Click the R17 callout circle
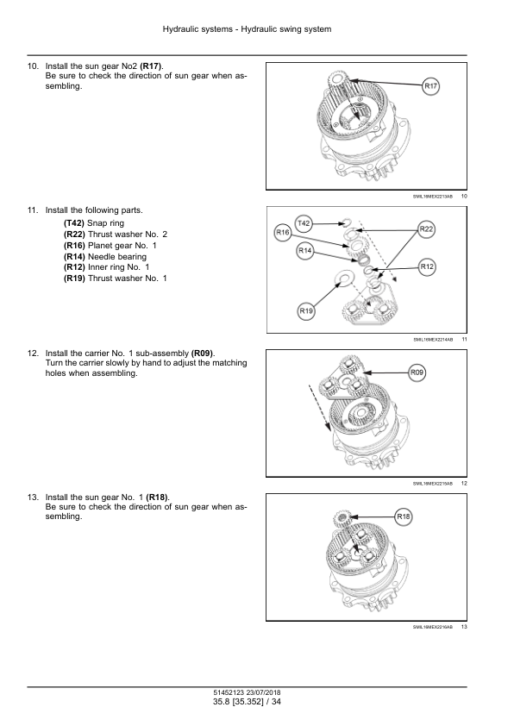(x=430, y=86)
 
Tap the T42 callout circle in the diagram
(x=304, y=223)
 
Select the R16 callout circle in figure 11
(x=283, y=233)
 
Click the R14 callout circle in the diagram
(x=304, y=251)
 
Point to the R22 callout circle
(x=426, y=229)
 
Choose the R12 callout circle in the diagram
(x=427, y=266)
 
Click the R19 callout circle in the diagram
(x=306, y=311)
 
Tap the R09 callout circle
(x=417, y=372)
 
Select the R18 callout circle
(x=404, y=516)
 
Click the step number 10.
(x=33, y=66)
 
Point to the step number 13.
(x=33, y=498)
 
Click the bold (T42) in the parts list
(x=74, y=223)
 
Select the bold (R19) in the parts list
(x=74, y=279)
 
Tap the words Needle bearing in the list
(x=117, y=256)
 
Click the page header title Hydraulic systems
(x=197, y=29)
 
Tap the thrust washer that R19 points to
(x=343, y=279)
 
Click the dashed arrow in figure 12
(x=319, y=408)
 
